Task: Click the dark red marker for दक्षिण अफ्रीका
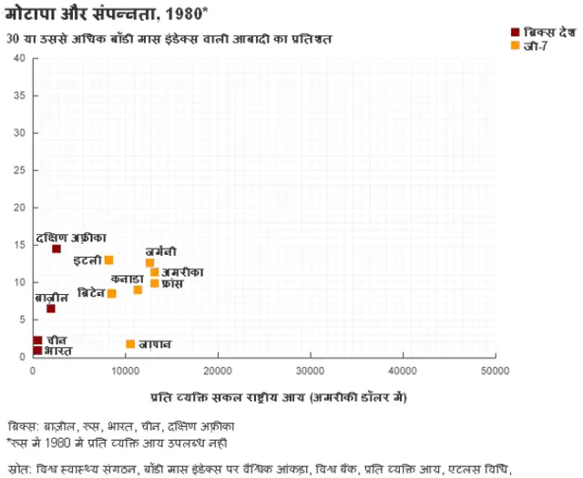[x=56, y=249]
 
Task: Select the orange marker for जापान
[x=130, y=344]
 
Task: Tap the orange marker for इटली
[x=109, y=260]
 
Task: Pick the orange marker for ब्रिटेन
[x=112, y=293]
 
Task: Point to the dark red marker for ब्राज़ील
[x=51, y=309]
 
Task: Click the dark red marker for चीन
[x=37, y=341]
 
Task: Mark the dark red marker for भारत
[x=37, y=350]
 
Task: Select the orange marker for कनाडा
[x=138, y=290]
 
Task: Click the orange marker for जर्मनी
[x=150, y=262]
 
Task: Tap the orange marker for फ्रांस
[x=155, y=283]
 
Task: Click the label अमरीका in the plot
[x=182, y=271]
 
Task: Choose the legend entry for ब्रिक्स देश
[x=545, y=32]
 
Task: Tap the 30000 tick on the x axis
[x=311, y=371]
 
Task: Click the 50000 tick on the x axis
[x=495, y=371]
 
